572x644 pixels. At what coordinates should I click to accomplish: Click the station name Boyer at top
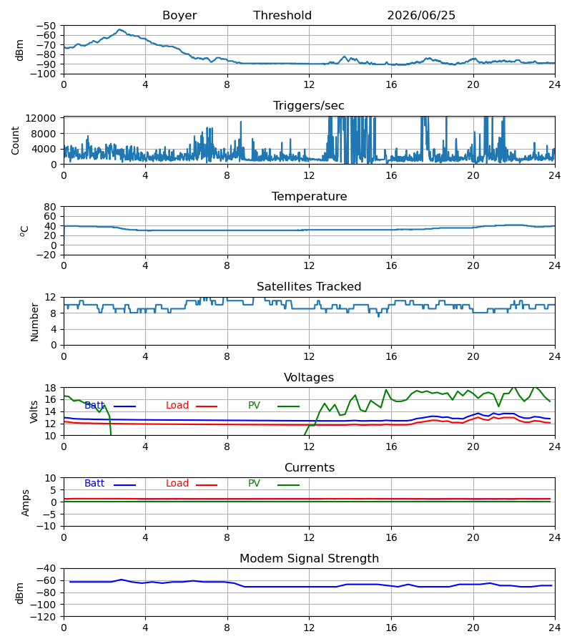tap(179, 15)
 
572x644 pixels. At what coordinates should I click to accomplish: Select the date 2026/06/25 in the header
tap(421, 15)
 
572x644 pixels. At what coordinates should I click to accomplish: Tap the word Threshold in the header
tap(282, 15)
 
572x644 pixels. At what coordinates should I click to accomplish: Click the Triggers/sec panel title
tap(309, 106)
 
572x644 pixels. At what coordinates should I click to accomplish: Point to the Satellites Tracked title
tap(309, 287)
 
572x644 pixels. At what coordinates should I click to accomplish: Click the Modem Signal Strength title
tap(309, 559)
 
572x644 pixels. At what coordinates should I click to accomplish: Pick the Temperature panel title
tap(309, 196)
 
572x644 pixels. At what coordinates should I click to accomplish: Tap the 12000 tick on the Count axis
tap(41, 118)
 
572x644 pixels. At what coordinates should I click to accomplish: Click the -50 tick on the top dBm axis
tap(46, 26)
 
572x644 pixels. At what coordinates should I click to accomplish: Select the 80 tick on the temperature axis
tap(50, 207)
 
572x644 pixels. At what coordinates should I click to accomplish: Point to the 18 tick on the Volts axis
tap(50, 388)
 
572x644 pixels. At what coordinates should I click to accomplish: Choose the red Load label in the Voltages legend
tap(177, 406)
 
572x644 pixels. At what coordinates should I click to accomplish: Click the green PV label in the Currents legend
tap(254, 484)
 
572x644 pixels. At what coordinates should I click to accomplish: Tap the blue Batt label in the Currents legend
tap(94, 484)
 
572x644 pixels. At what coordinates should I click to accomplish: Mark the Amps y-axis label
tap(26, 503)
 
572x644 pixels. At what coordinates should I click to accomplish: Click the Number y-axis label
tap(34, 322)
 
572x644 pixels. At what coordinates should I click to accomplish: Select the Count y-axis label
tap(16, 141)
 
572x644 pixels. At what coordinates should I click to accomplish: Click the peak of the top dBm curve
tap(119, 29)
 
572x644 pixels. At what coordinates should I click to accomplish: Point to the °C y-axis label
tap(24, 231)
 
